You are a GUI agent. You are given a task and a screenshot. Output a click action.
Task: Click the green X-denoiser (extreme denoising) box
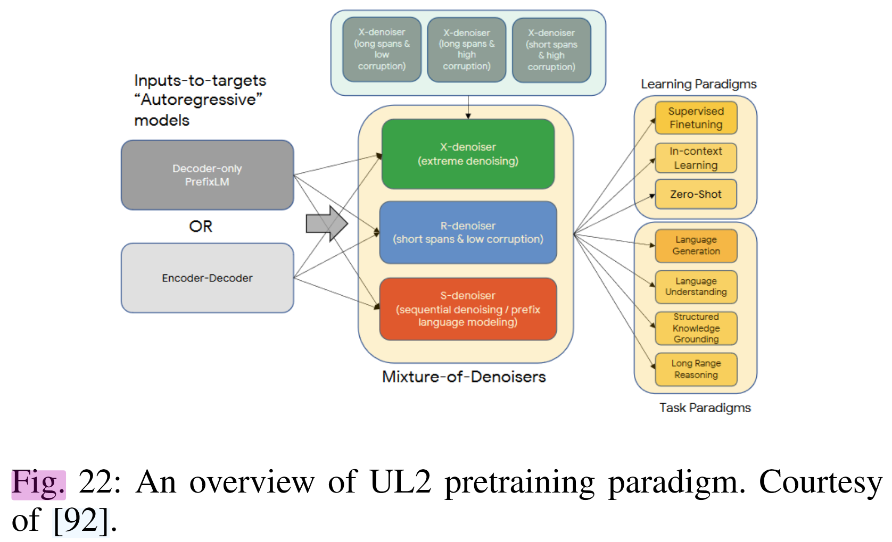pyautogui.click(x=468, y=154)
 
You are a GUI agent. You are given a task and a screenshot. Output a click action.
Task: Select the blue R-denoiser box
pyautogui.click(x=468, y=232)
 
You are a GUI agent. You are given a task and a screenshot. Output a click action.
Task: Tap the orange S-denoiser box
pyautogui.click(x=468, y=308)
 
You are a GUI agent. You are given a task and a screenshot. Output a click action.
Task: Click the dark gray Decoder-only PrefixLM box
pyautogui.click(x=207, y=175)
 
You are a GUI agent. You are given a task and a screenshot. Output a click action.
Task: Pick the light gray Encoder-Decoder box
pyautogui.click(x=207, y=278)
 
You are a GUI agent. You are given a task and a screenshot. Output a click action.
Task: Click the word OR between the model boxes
pyautogui.click(x=201, y=227)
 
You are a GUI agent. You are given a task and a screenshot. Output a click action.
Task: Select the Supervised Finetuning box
pyautogui.click(x=696, y=118)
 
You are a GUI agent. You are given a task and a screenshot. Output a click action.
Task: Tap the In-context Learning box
pyautogui.click(x=696, y=158)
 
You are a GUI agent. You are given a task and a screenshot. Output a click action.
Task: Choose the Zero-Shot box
pyautogui.click(x=696, y=194)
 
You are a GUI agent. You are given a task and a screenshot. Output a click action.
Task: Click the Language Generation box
pyautogui.click(x=696, y=245)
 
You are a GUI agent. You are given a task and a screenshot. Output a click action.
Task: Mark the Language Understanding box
pyautogui.click(x=696, y=286)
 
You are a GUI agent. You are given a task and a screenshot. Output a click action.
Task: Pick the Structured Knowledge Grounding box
pyautogui.click(x=696, y=328)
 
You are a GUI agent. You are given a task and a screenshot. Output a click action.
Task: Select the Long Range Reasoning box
pyautogui.click(x=696, y=369)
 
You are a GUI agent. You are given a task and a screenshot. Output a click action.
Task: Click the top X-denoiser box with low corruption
pyautogui.click(x=382, y=49)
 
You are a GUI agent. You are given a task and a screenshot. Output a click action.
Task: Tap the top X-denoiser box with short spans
pyautogui.click(x=551, y=50)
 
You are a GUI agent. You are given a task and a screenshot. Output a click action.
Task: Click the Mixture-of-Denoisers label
pyautogui.click(x=464, y=377)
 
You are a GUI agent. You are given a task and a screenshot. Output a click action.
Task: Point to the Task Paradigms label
pyautogui.click(x=705, y=408)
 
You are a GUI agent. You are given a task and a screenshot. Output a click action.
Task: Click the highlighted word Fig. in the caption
pyautogui.click(x=38, y=483)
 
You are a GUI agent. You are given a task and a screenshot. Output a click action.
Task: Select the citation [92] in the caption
pyautogui.click(x=81, y=521)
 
